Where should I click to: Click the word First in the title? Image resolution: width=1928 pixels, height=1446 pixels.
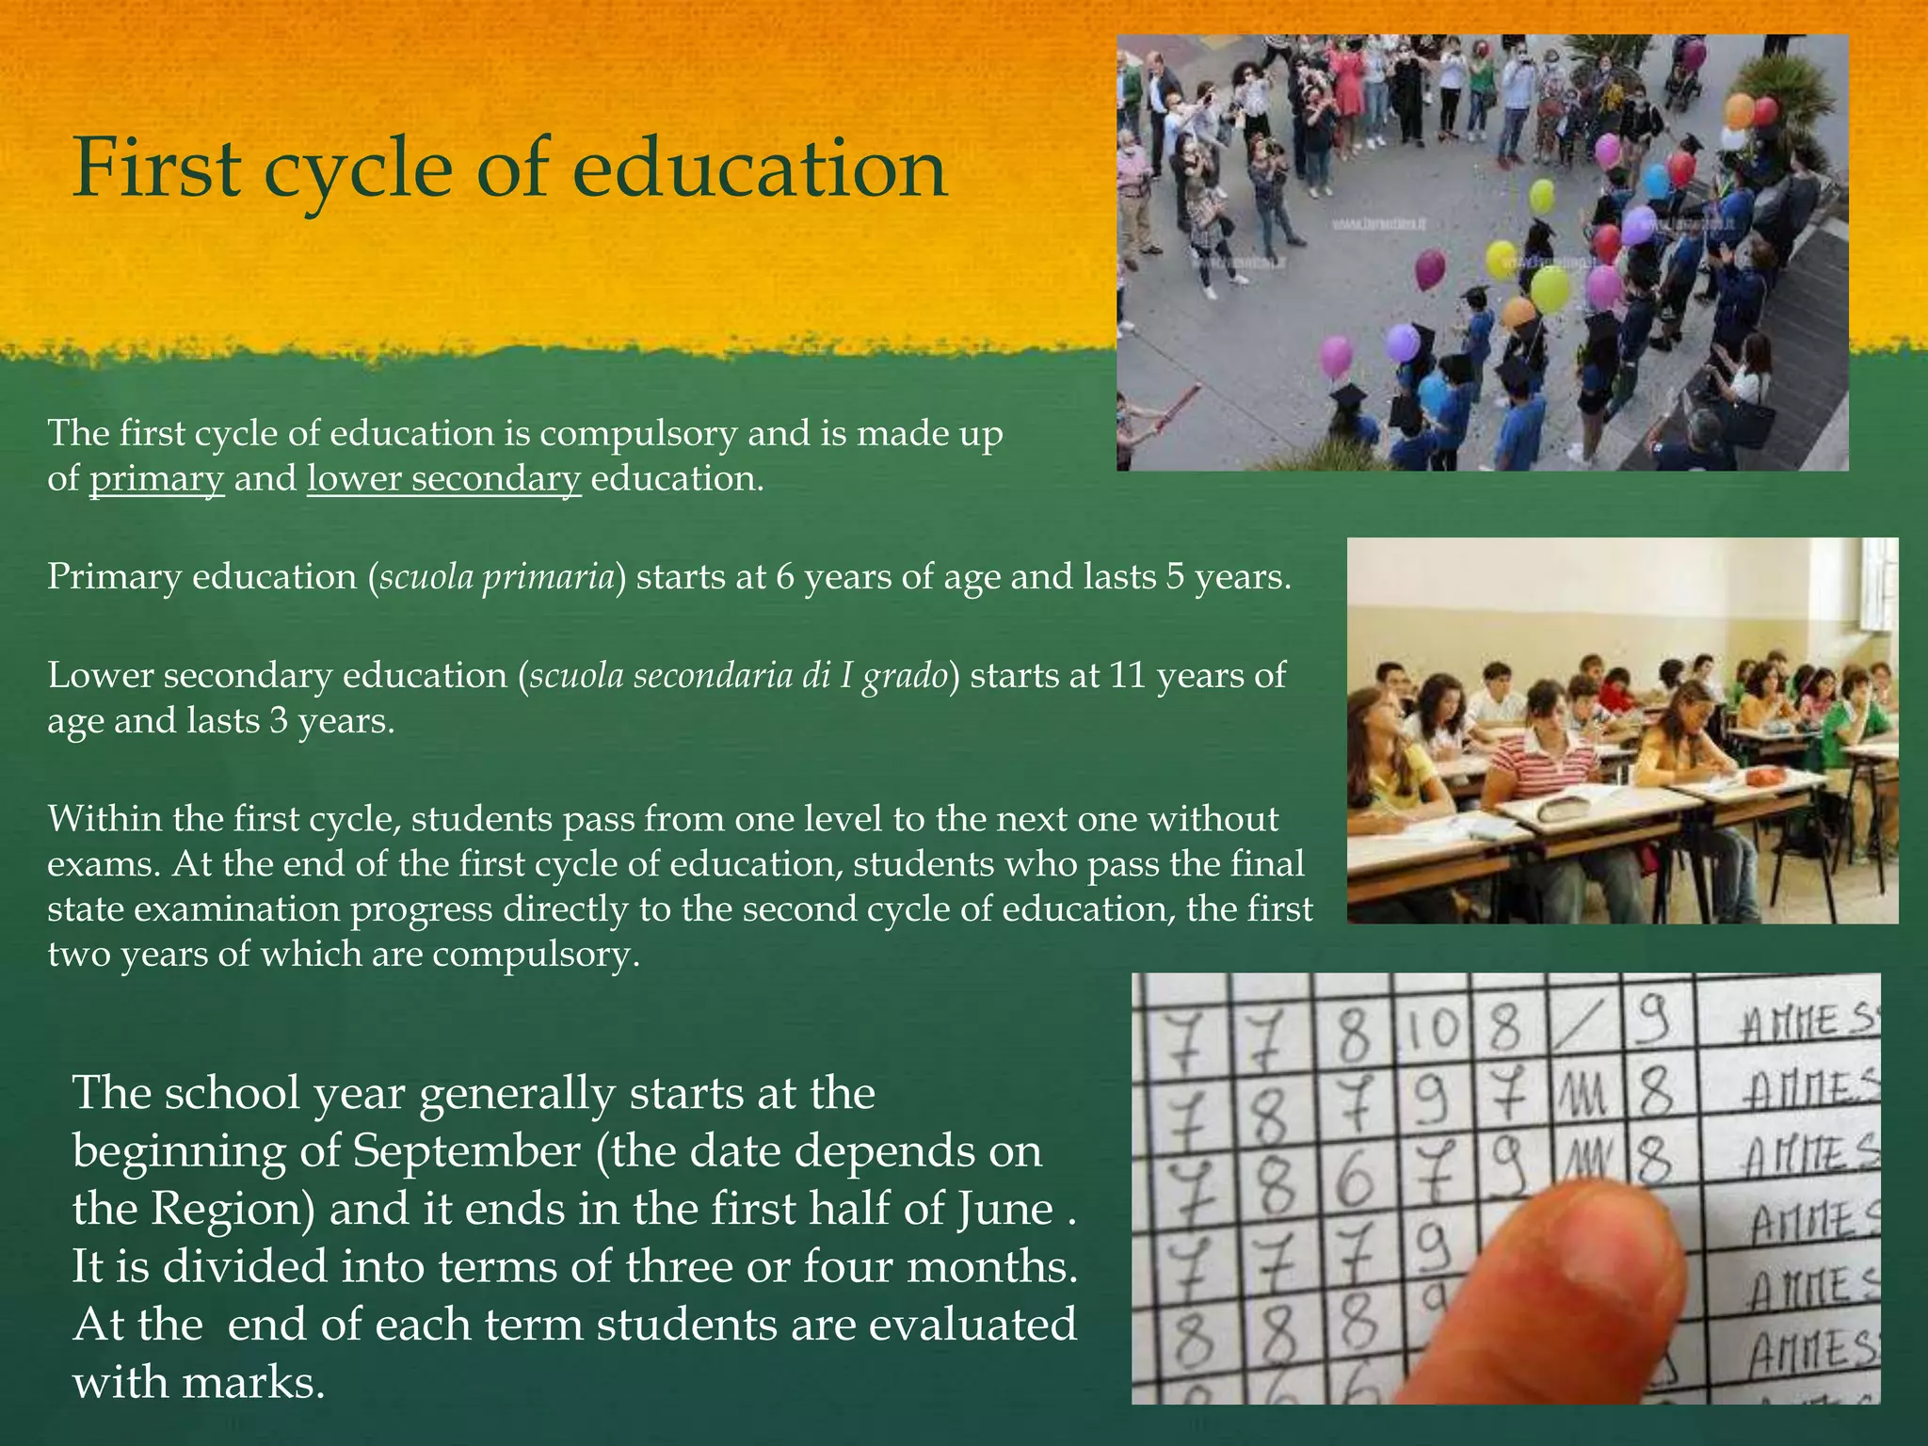(x=156, y=169)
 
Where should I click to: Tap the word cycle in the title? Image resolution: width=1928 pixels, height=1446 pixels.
(x=359, y=169)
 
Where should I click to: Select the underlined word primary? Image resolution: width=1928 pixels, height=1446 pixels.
(x=156, y=479)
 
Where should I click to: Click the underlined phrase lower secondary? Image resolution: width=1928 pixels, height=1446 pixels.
(x=443, y=479)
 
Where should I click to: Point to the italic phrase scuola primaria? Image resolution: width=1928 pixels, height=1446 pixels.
(x=496, y=576)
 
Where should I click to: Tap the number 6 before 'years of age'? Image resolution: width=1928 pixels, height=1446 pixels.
(x=784, y=576)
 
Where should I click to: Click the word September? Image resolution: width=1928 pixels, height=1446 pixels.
(x=466, y=1151)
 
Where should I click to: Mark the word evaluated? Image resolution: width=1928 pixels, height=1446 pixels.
(x=972, y=1325)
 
